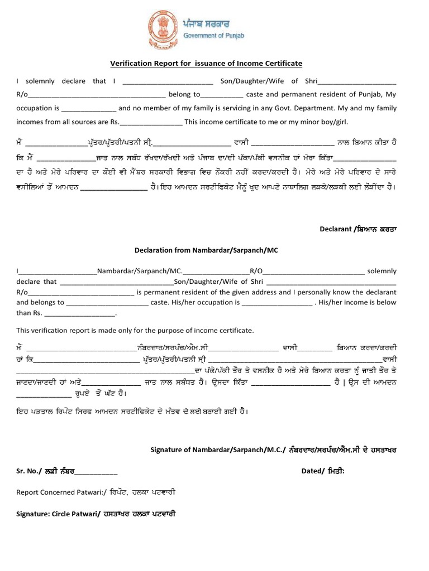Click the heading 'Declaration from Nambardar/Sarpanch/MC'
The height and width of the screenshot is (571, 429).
(206, 250)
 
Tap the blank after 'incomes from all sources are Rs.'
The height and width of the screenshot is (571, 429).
(151, 123)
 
